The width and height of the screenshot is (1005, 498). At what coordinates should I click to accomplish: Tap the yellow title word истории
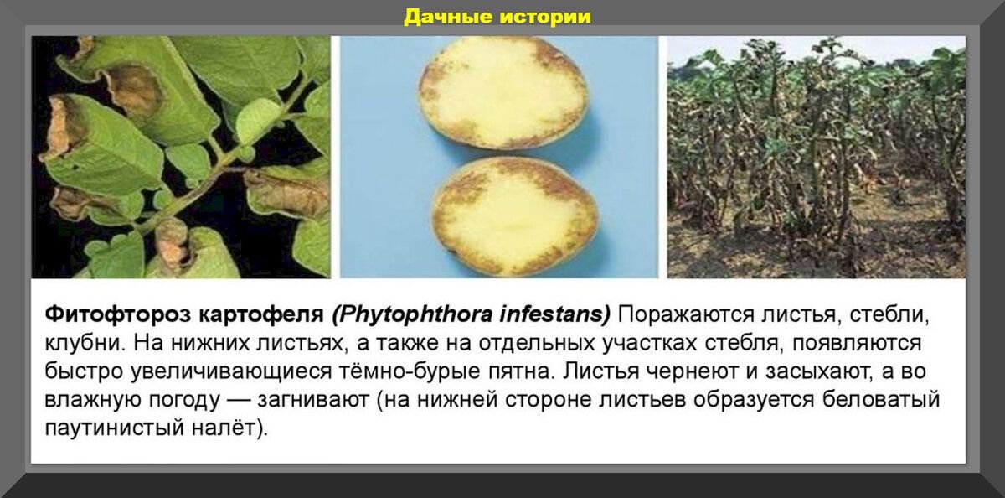[x=545, y=17]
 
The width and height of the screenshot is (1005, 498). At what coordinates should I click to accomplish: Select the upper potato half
[x=503, y=92]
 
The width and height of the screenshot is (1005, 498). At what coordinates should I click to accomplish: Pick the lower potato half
[x=514, y=216]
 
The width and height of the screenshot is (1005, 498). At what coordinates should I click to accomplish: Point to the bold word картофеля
[x=261, y=315]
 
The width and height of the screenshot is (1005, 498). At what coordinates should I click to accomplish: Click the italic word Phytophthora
[x=413, y=314]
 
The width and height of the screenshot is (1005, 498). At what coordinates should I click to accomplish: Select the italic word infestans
[x=555, y=314]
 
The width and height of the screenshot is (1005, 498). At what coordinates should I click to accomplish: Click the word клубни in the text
[x=85, y=343]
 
